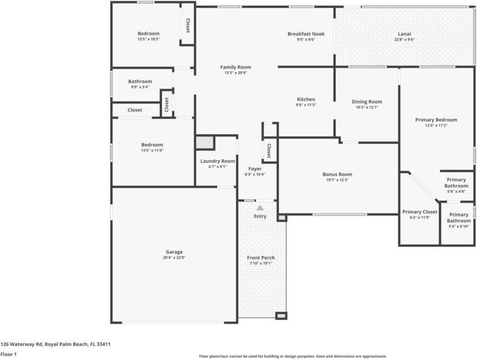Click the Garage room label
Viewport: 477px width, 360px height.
(174, 252)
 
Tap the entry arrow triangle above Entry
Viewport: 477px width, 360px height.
(260, 208)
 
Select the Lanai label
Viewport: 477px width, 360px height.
(404, 34)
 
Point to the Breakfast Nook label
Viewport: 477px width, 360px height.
(306, 34)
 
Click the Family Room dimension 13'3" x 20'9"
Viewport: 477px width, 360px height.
(235, 73)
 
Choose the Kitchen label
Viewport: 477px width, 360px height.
(306, 99)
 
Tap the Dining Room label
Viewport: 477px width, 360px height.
(367, 102)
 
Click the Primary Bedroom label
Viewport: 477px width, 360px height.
(436, 120)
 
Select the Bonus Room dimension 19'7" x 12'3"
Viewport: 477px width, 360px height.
(337, 180)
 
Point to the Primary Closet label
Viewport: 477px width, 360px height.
(419, 212)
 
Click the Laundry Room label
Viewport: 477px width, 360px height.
(217, 161)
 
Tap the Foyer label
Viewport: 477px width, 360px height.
(255, 169)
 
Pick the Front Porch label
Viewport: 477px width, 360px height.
(261, 258)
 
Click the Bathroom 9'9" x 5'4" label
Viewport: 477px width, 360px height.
(140, 81)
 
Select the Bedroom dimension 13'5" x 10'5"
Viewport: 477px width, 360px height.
(148, 39)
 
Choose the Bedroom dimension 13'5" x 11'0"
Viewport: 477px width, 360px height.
(153, 150)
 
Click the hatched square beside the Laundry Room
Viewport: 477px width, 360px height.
(205, 142)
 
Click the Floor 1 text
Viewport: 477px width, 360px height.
(8, 354)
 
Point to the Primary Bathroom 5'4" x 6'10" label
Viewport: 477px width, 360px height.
(459, 218)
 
